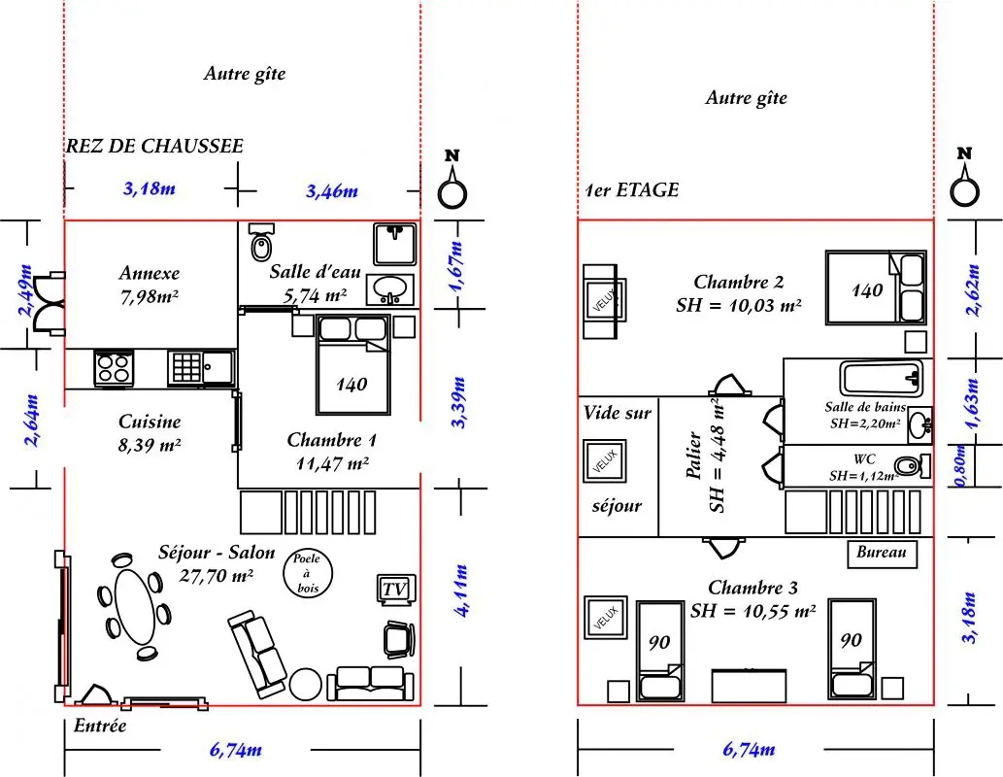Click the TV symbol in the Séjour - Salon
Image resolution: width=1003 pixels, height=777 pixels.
tap(396, 590)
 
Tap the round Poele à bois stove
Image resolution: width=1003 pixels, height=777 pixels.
tap(308, 573)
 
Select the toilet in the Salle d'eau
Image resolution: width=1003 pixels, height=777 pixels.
tap(261, 242)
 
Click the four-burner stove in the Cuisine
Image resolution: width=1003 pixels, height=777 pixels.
tap(114, 369)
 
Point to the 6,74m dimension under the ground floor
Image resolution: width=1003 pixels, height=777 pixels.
tap(235, 750)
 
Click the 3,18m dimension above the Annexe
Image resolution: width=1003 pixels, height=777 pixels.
tap(150, 188)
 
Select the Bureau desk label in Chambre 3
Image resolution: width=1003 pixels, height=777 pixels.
tap(882, 553)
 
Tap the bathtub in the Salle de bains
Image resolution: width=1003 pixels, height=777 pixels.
tap(882, 378)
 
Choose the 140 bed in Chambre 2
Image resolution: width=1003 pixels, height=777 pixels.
tap(876, 287)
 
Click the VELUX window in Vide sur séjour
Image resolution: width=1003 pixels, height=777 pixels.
tap(605, 460)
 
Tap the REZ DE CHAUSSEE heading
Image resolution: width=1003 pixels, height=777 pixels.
tap(154, 146)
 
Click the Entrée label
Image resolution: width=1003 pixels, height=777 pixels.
tap(100, 726)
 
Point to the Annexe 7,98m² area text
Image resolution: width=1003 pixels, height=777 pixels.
tap(150, 285)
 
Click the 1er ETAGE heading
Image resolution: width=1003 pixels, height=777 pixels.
tap(632, 190)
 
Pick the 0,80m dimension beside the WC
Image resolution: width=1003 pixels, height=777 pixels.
tap(961, 465)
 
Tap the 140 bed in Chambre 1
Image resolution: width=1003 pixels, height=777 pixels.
tap(352, 365)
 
